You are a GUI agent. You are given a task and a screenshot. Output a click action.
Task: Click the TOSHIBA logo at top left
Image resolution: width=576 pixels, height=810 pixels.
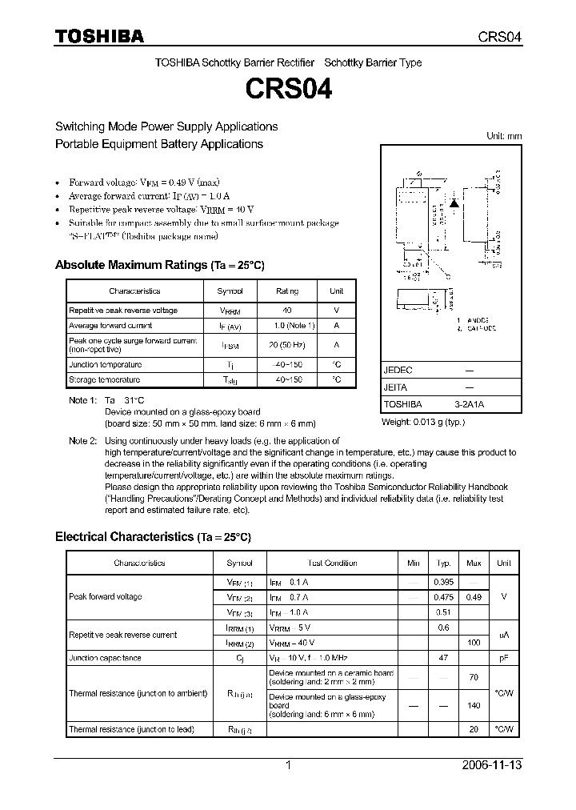[99, 36]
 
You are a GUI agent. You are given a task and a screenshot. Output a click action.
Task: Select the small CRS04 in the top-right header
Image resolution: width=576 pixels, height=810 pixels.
[501, 37]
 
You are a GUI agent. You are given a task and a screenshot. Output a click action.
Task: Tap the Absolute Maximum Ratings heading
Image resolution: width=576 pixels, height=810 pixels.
[159, 265]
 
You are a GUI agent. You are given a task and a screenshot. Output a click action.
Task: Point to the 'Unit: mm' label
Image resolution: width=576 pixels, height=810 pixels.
[504, 136]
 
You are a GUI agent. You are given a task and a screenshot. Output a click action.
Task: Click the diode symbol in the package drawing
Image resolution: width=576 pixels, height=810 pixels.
[454, 202]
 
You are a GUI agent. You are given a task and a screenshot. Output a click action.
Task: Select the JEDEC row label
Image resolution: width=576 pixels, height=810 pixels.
[398, 371]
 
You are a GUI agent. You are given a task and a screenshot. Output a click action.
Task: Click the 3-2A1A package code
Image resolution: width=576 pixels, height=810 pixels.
[469, 404]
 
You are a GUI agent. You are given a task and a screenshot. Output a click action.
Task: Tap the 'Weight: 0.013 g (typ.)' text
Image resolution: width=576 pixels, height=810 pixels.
[422, 422]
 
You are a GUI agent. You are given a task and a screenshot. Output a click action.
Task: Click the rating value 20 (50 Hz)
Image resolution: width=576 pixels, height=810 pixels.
[287, 345]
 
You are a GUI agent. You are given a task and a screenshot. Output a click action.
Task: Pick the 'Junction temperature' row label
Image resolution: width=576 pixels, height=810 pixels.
[105, 364]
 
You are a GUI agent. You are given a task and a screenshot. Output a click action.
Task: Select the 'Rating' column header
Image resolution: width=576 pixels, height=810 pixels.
[287, 291]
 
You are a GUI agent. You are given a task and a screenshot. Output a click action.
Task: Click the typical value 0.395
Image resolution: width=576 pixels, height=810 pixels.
[443, 582]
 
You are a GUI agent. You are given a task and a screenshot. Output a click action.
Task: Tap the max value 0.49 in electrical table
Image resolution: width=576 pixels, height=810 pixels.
[474, 597]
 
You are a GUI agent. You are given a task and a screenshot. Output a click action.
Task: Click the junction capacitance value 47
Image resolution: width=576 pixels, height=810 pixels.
[443, 658]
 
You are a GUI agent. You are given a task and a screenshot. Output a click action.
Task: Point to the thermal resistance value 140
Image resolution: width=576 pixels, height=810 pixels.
[474, 706]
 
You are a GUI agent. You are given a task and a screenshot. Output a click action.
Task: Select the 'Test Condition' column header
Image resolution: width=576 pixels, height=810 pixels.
[332, 563]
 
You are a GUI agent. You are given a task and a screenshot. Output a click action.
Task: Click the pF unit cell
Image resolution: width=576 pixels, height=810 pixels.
[504, 658]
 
